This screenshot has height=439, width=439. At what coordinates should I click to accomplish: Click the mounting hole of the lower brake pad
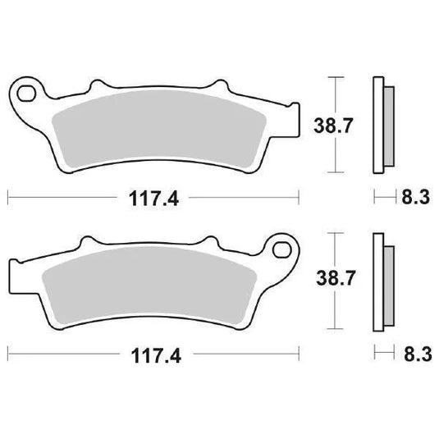tap(284, 247)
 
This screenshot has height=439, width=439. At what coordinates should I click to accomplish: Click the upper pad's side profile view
tap(382, 125)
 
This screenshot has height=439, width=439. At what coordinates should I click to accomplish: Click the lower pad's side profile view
tap(382, 282)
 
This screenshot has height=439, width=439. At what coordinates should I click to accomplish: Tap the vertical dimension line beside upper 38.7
tap(332, 126)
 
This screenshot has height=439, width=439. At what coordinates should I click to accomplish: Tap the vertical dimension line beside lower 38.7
tap(332, 283)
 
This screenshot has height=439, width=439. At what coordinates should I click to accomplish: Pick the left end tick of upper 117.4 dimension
tap(8, 198)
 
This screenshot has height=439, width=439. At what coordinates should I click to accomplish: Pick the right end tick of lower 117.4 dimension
tap(298, 355)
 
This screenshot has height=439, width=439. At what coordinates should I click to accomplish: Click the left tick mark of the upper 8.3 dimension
tap(374, 198)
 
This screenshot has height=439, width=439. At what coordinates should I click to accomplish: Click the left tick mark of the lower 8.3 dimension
tap(374, 355)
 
